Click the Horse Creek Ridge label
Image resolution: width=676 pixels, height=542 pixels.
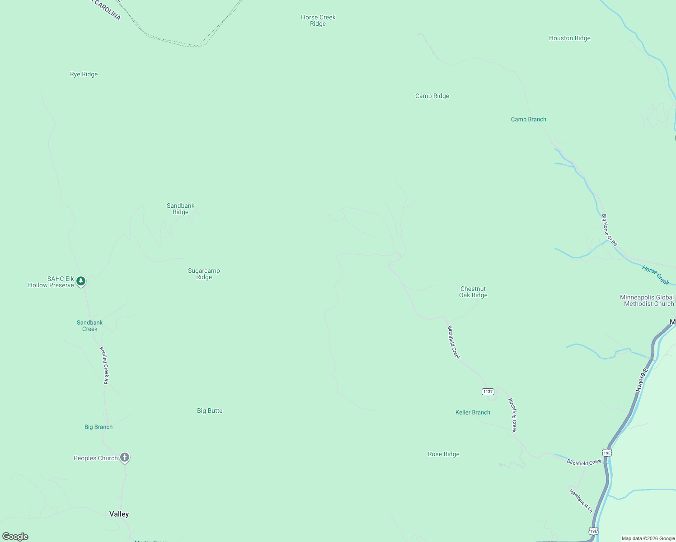pos(318,21)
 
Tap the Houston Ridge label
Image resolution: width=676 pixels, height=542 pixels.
pos(569,38)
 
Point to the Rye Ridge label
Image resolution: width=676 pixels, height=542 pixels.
pos(84,75)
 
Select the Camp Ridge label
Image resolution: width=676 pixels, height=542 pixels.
pos(432,96)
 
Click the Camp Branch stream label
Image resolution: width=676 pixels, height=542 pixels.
pos(528,120)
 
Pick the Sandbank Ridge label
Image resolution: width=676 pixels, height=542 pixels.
pos(180,209)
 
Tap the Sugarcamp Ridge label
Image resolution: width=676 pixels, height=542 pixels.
pos(204,274)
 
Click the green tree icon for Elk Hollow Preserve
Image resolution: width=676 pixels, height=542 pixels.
pos(81,281)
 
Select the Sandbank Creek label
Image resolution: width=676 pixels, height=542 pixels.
pos(89,326)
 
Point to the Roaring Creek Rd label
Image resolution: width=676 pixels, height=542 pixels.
pos(104,365)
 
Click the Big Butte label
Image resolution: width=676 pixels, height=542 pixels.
pos(210,411)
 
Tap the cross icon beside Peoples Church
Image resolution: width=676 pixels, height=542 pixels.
pos(125,458)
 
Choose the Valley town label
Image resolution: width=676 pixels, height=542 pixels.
pos(119,514)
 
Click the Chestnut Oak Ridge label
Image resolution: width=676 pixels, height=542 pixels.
pos(473,292)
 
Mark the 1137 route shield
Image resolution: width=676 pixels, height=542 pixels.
pos(488,392)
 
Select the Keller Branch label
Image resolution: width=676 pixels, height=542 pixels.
pos(473,412)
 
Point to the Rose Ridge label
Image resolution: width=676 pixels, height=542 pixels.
pos(443,454)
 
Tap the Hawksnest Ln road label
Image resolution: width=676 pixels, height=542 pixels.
pos(581,501)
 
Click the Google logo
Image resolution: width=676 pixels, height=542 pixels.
pos(15,537)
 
